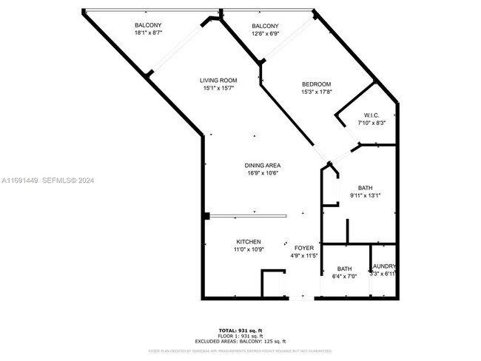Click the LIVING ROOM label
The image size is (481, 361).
[x=218, y=80]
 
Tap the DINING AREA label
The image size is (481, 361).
[x=263, y=165]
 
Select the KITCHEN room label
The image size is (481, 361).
[x=248, y=242]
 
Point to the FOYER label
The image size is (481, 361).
[x=304, y=248]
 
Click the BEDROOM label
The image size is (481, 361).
[x=315, y=84]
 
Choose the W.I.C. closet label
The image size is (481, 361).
[x=371, y=115]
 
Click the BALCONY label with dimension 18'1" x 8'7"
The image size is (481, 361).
[x=148, y=25]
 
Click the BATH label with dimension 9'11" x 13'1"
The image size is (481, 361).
[x=366, y=188]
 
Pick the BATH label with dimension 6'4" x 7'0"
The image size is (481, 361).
[x=344, y=269]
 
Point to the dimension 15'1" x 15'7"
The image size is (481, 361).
[x=218, y=89]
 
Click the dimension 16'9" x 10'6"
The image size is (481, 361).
[x=263, y=173]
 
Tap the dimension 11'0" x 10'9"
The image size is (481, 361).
[x=248, y=250]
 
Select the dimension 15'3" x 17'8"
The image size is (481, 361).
[x=315, y=92]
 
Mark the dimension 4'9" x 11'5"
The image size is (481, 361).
[x=304, y=256]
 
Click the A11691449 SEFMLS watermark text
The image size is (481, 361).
[x=49, y=180]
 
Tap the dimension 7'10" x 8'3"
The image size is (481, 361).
[x=371, y=123]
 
